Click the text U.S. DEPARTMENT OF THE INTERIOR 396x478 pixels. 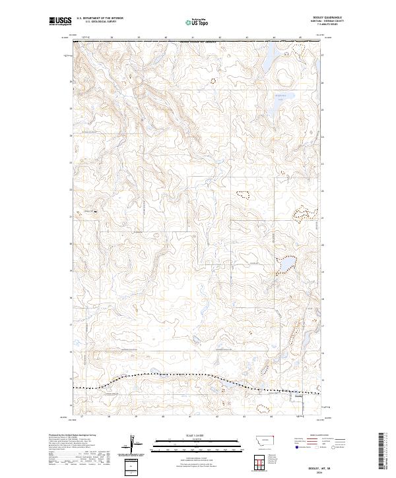tap(100, 18)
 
